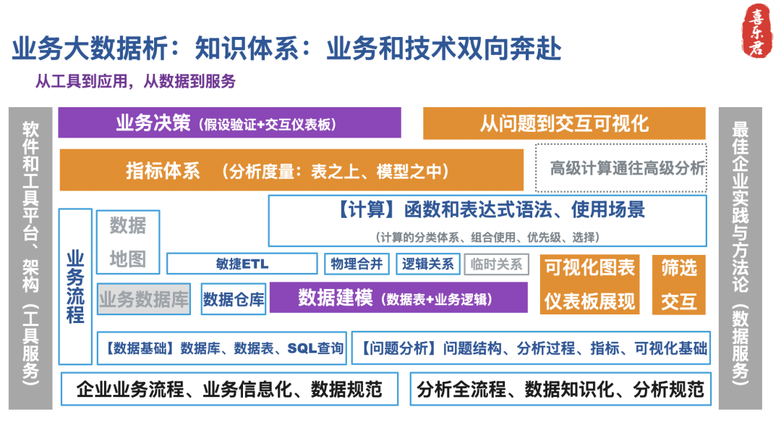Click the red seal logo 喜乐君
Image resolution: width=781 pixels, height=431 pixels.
click(x=758, y=30)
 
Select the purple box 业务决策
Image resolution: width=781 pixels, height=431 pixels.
click(x=229, y=123)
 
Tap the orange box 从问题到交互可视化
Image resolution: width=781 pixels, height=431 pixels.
click(x=564, y=123)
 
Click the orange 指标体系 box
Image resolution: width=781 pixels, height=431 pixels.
click(x=291, y=170)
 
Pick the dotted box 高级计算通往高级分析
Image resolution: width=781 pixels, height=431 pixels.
click(x=620, y=169)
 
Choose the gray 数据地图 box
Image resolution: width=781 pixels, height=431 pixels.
click(x=128, y=242)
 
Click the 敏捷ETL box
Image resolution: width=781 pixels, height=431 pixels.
click(x=242, y=264)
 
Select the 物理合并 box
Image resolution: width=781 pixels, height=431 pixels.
click(x=357, y=264)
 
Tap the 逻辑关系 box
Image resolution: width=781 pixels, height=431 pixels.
click(x=427, y=264)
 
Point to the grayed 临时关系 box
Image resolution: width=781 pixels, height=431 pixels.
click(x=496, y=264)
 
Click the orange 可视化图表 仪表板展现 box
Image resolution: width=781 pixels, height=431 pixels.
click(x=589, y=284)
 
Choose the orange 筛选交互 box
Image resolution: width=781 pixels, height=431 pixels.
click(x=678, y=284)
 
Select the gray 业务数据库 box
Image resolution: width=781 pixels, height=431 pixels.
click(x=144, y=298)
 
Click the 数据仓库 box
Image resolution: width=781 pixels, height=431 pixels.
click(x=233, y=298)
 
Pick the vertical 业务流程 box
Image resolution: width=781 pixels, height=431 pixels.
click(x=75, y=286)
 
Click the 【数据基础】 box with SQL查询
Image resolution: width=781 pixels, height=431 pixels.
click(x=221, y=348)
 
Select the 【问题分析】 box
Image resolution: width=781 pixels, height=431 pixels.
click(x=530, y=348)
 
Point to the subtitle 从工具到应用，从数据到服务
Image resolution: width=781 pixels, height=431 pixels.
click(x=136, y=81)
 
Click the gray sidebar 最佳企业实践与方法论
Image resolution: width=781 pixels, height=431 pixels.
click(x=739, y=257)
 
